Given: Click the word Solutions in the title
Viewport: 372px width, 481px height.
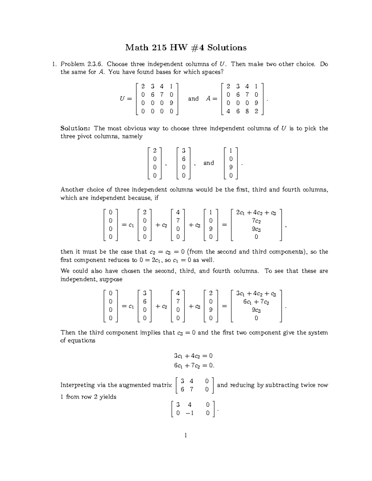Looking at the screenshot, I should click(x=227, y=47).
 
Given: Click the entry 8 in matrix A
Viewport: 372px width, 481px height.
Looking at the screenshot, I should click(x=247, y=112).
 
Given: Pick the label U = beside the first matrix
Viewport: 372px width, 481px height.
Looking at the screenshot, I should click(x=126, y=99).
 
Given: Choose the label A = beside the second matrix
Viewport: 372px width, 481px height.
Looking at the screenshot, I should click(x=212, y=99).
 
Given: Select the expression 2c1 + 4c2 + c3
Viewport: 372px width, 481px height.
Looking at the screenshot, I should click(x=256, y=213).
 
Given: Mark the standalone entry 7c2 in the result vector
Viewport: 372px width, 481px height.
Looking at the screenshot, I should click(x=256, y=221).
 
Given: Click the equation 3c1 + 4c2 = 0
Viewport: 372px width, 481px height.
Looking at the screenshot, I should click(x=193, y=356).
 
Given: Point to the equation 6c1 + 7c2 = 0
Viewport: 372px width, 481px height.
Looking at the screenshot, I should click(x=194, y=365).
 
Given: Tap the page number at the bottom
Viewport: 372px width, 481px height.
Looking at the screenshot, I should click(x=186, y=435).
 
